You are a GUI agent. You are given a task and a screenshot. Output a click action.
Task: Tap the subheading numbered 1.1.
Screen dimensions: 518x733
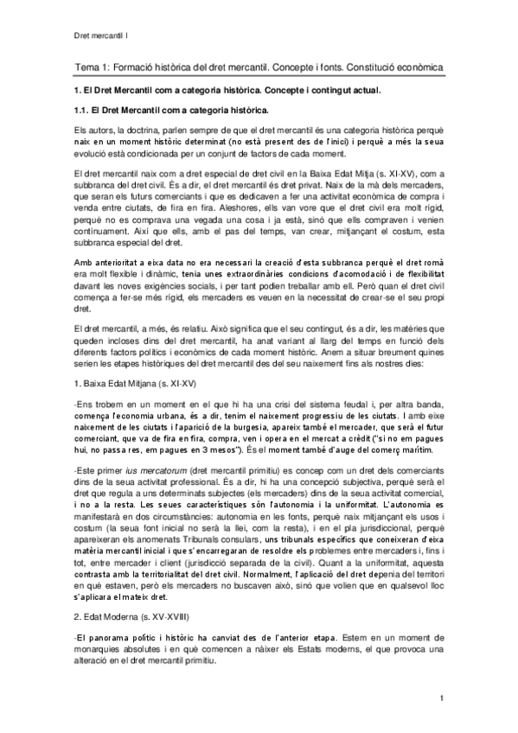tap(169, 111)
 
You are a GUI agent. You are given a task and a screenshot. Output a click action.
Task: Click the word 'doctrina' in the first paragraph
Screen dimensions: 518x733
tap(149, 130)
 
